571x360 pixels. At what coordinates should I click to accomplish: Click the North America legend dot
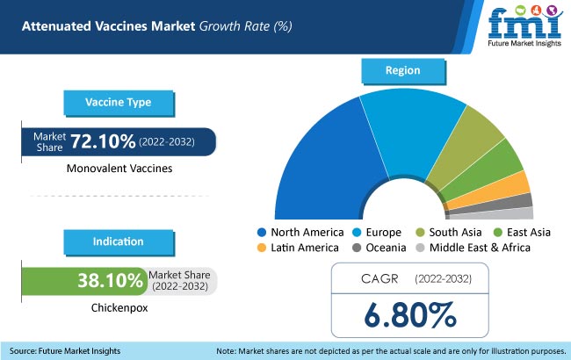pos(261,233)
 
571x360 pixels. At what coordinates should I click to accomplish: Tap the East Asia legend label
pos(533,233)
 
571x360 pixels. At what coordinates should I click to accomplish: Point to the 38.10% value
pos(110,280)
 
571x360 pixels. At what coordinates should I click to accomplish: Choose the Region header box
pos(402,69)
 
